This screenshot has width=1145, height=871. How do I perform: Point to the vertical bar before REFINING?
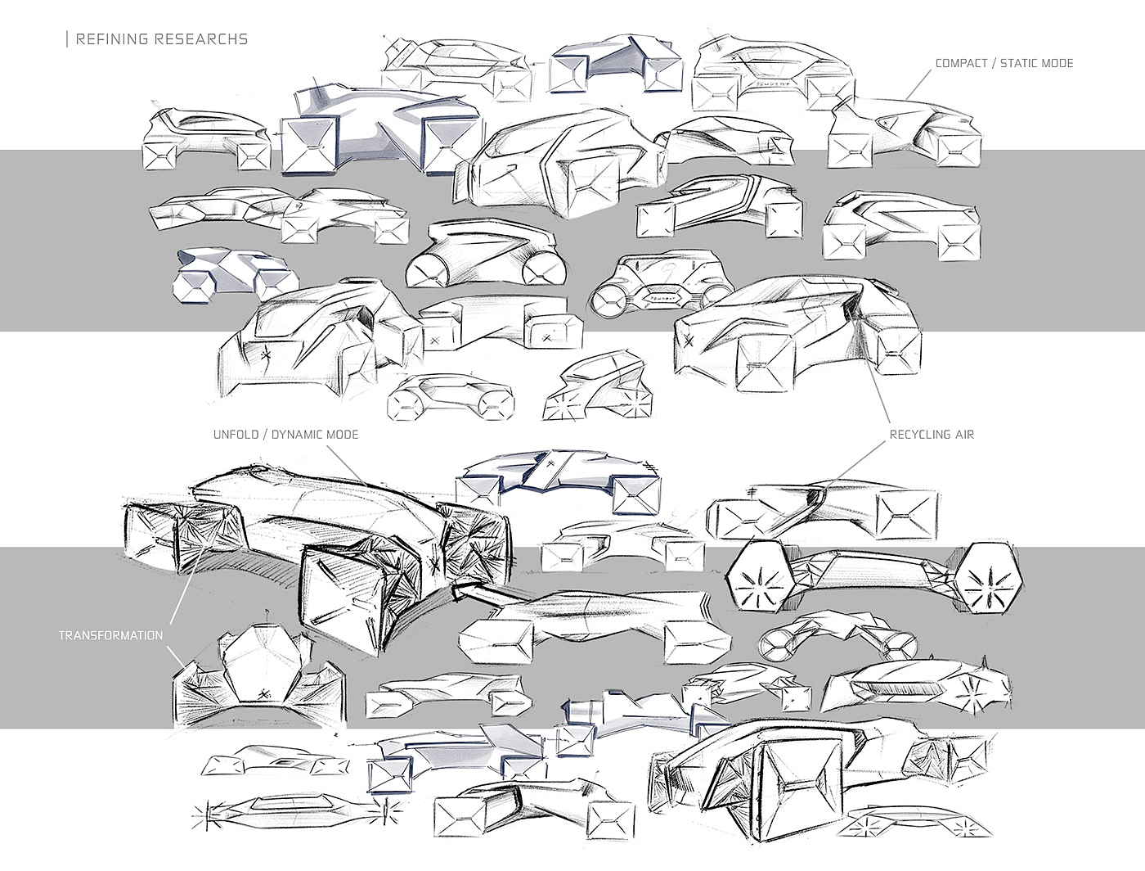[67, 39]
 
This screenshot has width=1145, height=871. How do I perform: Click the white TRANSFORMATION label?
[110, 635]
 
